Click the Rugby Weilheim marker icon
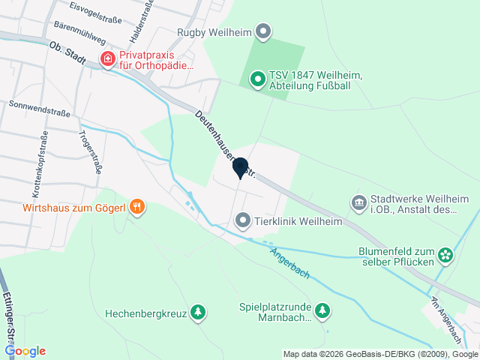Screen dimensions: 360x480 (x=262, y=32)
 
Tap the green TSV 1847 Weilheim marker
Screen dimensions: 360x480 (x=257, y=79)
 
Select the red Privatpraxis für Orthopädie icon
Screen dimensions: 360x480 (x=108, y=58)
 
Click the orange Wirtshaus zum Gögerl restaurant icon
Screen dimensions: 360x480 (x=136, y=206)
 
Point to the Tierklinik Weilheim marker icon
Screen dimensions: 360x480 (x=242, y=221)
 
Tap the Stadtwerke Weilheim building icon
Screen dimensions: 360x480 (x=358, y=203)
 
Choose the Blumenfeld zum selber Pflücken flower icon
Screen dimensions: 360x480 (x=445, y=256)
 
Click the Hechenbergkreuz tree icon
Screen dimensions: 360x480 (x=197, y=312)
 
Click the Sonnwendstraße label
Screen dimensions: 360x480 (x=40, y=109)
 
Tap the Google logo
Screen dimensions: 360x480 (x=25, y=351)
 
